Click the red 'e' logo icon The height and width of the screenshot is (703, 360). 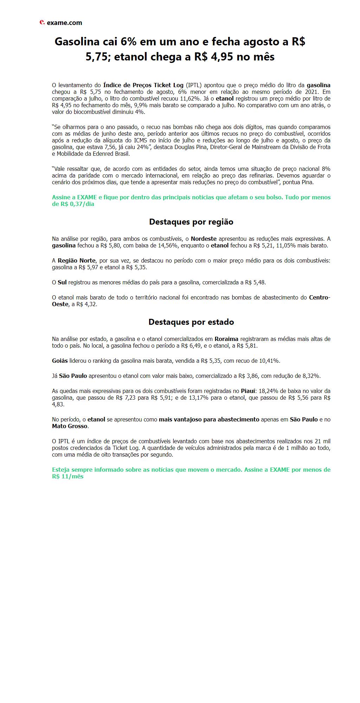[42, 22]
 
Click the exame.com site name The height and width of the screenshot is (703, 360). [64, 23]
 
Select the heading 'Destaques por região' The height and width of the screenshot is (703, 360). [191, 222]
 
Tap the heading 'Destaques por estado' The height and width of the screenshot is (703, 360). [191, 322]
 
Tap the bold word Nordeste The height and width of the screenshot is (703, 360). [204, 239]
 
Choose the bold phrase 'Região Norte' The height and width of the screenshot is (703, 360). [76, 260]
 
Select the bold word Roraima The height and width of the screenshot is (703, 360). [226, 339]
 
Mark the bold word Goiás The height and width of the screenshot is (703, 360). [60, 361]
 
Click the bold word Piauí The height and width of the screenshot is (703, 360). [249, 391]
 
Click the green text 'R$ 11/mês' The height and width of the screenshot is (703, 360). [68, 476]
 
